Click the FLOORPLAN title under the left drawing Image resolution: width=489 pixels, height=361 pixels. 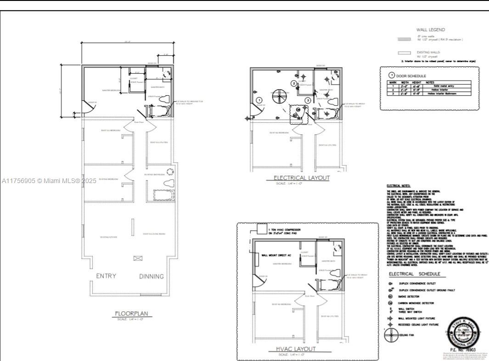[x=131, y=314]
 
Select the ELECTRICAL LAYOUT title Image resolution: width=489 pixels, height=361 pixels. [x=302, y=178]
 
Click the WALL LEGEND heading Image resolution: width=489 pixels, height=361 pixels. [x=430, y=30]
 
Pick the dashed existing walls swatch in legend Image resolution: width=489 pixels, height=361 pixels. [x=404, y=53]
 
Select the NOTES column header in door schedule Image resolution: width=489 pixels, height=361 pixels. [x=430, y=82]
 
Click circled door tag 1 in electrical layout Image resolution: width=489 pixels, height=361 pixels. [x=259, y=100]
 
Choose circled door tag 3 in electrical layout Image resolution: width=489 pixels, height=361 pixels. [x=308, y=100]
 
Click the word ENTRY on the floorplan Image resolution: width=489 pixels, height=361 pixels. [x=106, y=276]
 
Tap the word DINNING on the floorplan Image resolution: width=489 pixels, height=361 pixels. [x=152, y=276]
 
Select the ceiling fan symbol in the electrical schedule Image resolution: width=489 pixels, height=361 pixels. [x=390, y=335]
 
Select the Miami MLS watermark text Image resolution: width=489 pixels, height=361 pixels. [x=50, y=181]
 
